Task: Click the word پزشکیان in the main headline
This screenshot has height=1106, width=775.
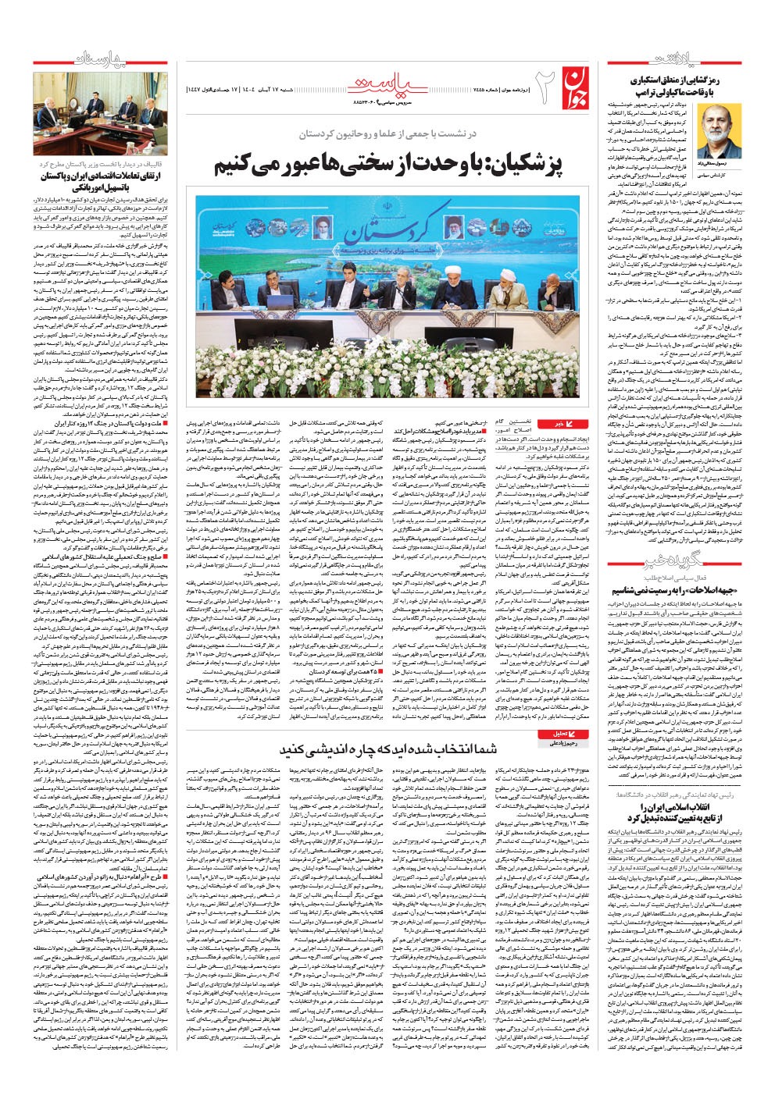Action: point(504,167)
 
